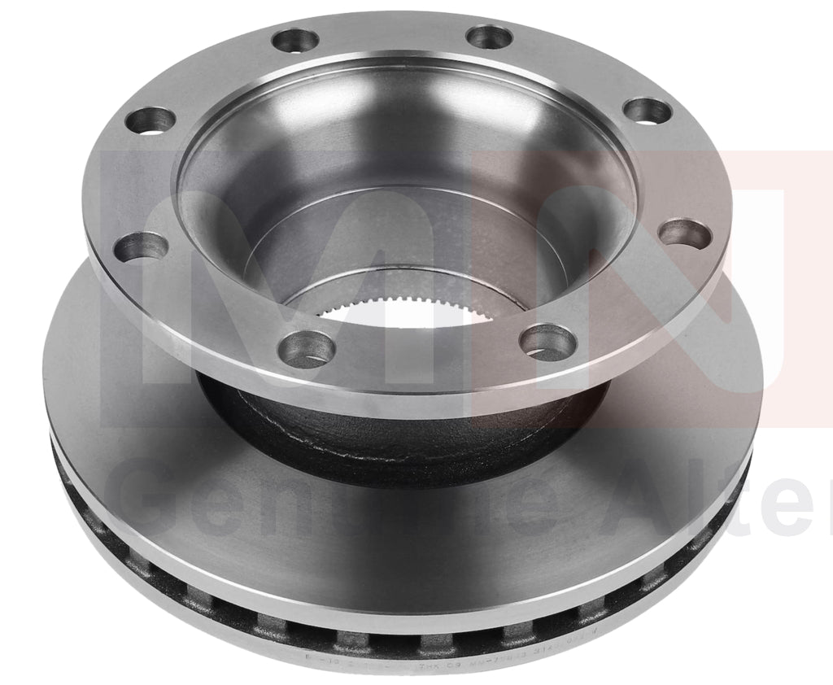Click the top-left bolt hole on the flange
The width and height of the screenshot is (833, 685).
coord(295,40)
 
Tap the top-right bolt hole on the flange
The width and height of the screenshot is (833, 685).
coord(489,37)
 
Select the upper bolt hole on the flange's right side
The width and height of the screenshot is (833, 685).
coord(648,111)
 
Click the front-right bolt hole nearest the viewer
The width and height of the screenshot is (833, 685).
coord(547,342)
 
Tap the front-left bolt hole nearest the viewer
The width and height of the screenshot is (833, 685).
coord(306,349)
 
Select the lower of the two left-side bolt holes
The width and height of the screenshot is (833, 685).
coord(141,247)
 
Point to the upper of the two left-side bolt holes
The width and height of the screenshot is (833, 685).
coord(151,120)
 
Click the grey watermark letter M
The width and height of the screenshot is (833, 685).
coord(268,277)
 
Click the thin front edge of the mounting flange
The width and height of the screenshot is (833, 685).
coord(407,399)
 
